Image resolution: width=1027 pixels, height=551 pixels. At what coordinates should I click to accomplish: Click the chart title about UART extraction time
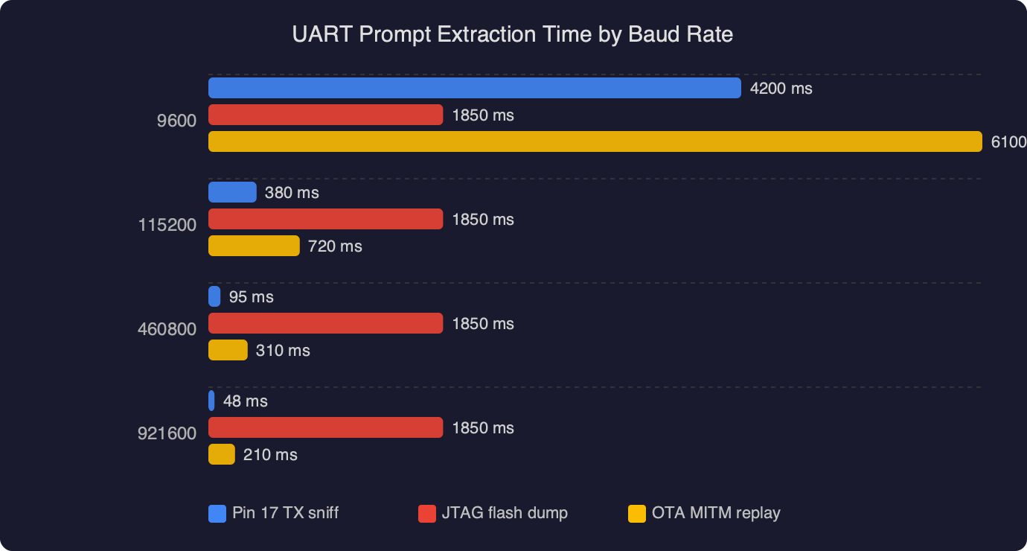click(x=513, y=35)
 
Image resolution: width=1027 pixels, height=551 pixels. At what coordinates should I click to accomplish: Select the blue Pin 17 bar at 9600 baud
click(x=474, y=88)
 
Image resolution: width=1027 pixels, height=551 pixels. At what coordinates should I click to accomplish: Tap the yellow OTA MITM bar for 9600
click(x=595, y=141)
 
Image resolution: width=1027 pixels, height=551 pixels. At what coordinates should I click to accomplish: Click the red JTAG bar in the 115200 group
click(x=325, y=219)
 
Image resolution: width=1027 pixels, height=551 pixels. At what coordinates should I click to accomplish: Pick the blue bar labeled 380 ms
click(x=232, y=192)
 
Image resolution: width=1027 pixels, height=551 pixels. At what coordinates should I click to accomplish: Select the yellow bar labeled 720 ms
click(x=254, y=246)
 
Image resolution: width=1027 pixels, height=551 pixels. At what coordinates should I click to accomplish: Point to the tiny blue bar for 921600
click(x=212, y=401)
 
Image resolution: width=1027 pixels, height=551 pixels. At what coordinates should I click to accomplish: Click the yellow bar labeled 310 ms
click(x=228, y=350)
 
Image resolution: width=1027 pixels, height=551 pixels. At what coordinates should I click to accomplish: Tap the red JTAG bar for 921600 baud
click(x=325, y=427)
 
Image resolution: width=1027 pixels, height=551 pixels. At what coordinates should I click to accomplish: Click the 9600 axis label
click(x=176, y=121)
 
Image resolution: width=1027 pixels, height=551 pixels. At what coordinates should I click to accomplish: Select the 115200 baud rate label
click(x=167, y=225)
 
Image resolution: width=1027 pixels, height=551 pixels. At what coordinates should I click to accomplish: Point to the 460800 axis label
click(x=167, y=329)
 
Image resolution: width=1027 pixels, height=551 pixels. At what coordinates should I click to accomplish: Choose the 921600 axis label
click(x=167, y=433)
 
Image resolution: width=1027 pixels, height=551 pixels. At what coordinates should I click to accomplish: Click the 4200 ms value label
click(x=781, y=89)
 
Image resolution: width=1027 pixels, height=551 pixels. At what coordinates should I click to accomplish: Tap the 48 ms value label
click(x=245, y=401)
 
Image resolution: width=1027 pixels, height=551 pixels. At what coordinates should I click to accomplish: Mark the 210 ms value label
click(x=270, y=455)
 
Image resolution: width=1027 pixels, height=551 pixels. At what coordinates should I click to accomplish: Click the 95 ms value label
click(x=251, y=297)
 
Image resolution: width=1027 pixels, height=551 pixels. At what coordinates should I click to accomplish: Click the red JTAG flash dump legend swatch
click(x=427, y=513)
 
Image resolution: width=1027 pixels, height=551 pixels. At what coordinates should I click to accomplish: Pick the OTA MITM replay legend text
click(x=715, y=513)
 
